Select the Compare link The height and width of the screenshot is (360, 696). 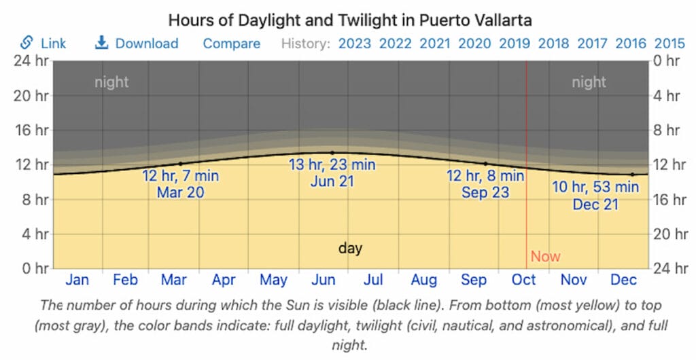pos(231,43)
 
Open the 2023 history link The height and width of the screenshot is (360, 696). pos(355,43)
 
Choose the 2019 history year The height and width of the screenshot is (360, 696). pos(515,43)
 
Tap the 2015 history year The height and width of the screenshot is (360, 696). pos(669,43)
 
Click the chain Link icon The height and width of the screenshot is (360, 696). pos(27,43)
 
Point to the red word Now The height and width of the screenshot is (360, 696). pos(545,256)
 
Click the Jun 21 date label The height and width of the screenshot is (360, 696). pos(332,181)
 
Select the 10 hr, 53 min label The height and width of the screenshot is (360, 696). pos(595,186)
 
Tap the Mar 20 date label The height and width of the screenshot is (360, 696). pos(180,192)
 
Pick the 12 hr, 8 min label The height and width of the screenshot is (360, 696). pos(485,176)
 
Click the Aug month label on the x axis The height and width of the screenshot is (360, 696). pos(423,280)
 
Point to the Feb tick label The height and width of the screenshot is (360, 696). pos(125,280)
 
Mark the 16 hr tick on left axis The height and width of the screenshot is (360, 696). pos(32,130)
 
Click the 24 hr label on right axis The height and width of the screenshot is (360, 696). pos(665,268)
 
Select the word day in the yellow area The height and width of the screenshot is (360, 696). pos(350,248)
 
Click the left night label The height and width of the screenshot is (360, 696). pos(111,82)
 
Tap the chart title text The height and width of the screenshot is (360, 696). pos(347,19)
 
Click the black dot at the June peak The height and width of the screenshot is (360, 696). pos(332,153)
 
